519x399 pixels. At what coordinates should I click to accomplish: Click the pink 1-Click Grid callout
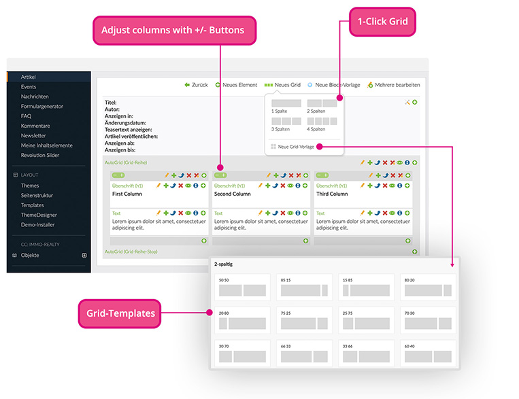click(x=382, y=22)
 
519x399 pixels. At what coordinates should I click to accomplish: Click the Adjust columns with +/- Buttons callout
click(x=173, y=30)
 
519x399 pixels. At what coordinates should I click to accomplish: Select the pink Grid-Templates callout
click(x=110, y=313)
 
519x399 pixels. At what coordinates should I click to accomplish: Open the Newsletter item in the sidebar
click(x=34, y=135)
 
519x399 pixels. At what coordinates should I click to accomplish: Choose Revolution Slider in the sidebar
click(x=39, y=155)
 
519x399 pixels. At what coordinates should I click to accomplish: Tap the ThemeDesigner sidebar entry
click(x=38, y=215)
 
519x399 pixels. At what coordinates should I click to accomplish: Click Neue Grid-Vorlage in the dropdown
click(x=297, y=146)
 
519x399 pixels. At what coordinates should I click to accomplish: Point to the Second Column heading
click(x=233, y=194)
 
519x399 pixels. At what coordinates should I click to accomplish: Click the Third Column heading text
click(x=332, y=194)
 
